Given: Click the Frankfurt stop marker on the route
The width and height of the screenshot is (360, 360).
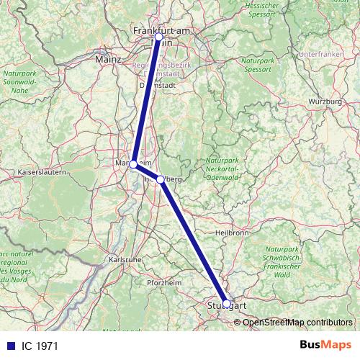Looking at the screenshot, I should [158, 37].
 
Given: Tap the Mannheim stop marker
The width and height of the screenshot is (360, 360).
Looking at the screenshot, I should [133, 164].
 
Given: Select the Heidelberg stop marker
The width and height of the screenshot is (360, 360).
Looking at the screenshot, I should [160, 180].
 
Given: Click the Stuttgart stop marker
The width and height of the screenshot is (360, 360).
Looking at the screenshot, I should [227, 304].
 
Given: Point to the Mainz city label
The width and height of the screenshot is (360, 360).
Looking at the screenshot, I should [108, 60].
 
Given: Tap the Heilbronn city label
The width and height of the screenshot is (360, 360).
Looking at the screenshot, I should [233, 233].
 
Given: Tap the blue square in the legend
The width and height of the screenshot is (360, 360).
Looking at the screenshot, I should [9, 346].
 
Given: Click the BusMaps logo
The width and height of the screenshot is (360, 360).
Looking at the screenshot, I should [325, 346].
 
